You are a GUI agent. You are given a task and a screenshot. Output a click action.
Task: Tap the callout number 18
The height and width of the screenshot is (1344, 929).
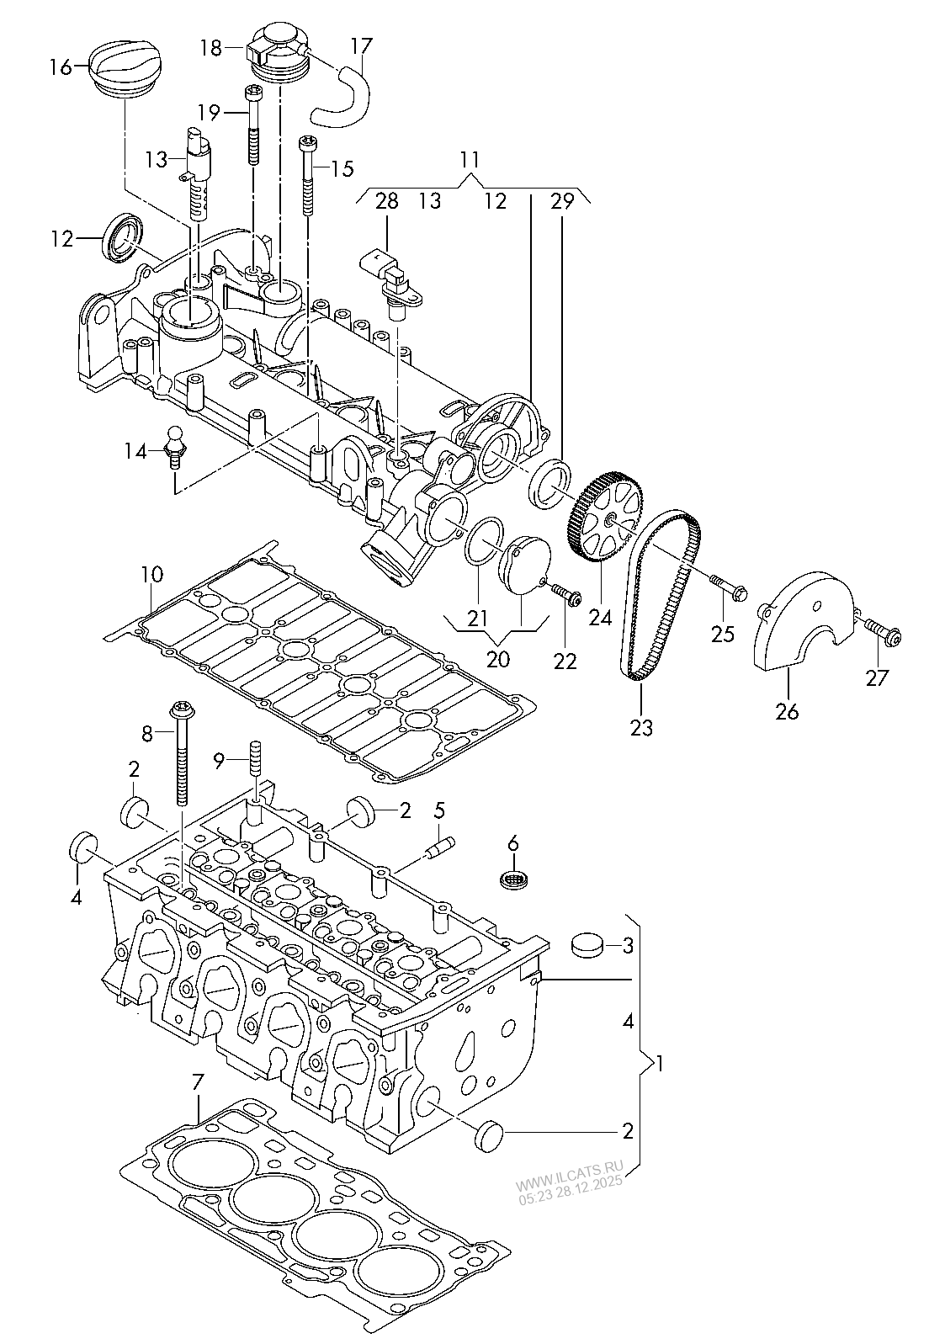211,48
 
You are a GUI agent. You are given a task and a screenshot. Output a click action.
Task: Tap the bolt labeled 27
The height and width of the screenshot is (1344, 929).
880,627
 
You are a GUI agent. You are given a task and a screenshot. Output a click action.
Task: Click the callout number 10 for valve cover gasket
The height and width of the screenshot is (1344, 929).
151,575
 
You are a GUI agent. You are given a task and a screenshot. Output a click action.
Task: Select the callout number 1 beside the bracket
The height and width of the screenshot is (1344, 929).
660,1064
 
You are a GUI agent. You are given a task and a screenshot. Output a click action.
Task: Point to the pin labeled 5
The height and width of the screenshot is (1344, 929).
437,846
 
